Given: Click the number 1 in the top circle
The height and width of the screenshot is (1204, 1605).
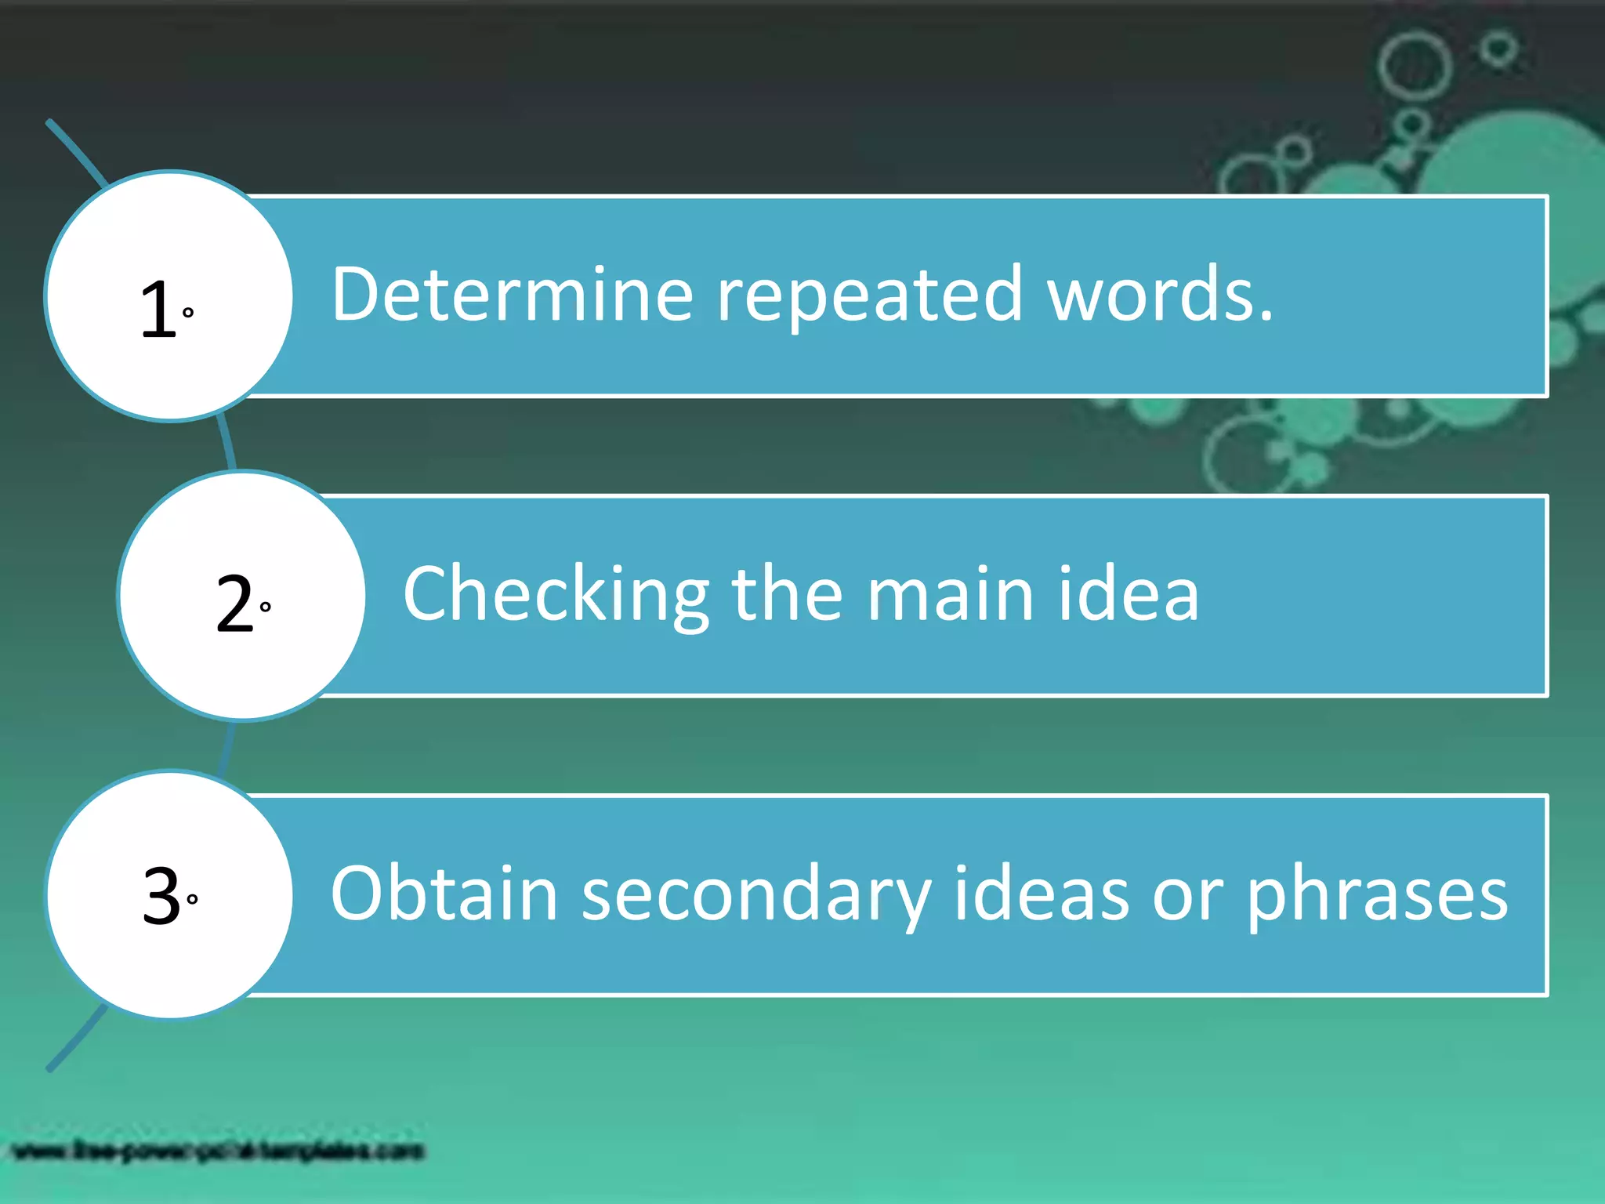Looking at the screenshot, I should tap(158, 309).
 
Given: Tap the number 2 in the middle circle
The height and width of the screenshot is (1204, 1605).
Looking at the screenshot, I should tap(234, 603).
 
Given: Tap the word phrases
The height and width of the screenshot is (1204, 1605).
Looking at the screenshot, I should tap(1377, 895).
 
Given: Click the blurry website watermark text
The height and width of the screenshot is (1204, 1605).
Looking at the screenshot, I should tap(219, 1151).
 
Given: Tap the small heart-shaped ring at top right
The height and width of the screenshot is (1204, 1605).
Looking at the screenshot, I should tap(1498, 50).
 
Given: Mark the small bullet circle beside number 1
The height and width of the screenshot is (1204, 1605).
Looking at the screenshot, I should tap(188, 312).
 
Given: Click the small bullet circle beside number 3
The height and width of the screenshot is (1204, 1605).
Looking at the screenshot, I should tap(192, 899).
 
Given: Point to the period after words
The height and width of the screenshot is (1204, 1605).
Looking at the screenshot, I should tap(1265, 316).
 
